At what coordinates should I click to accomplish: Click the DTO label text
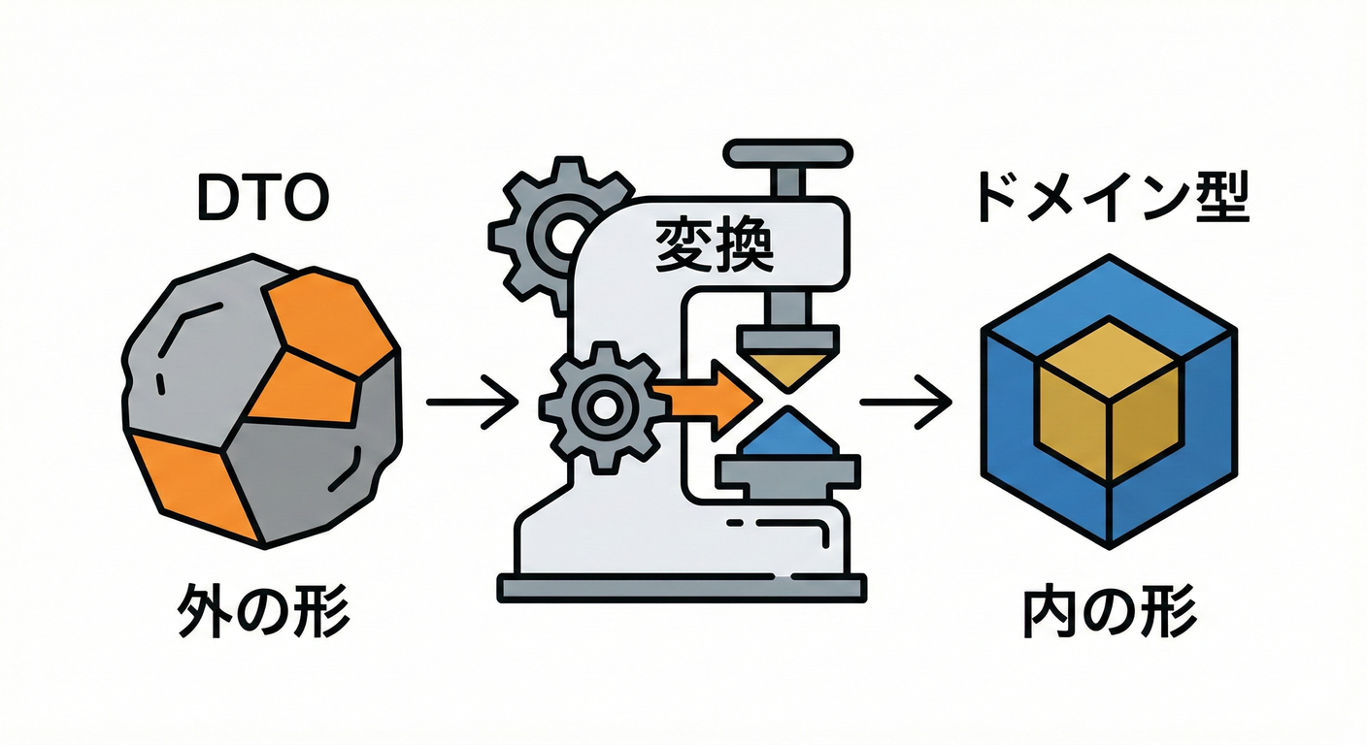click(x=262, y=199)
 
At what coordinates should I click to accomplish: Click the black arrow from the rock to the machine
click(x=472, y=401)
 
